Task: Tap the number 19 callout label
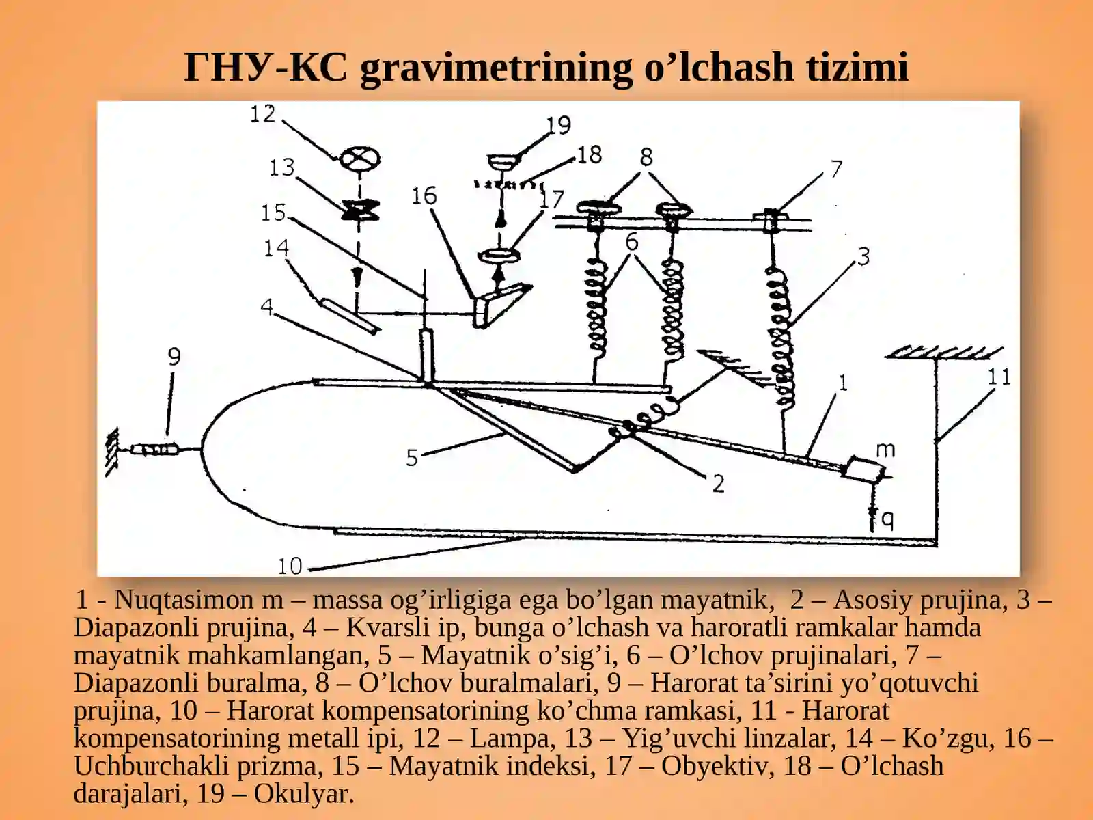(x=558, y=125)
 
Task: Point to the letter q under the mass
(x=887, y=520)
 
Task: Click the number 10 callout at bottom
(x=290, y=566)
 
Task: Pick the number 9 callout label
(x=174, y=357)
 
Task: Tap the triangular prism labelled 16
(x=497, y=303)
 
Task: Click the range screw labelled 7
(x=771, y=218)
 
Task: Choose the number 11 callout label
(x=999, y=377)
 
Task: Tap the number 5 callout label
(x=411, y=458)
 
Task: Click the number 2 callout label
(x=718, y=484)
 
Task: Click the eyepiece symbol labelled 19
(x=504, y=163)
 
